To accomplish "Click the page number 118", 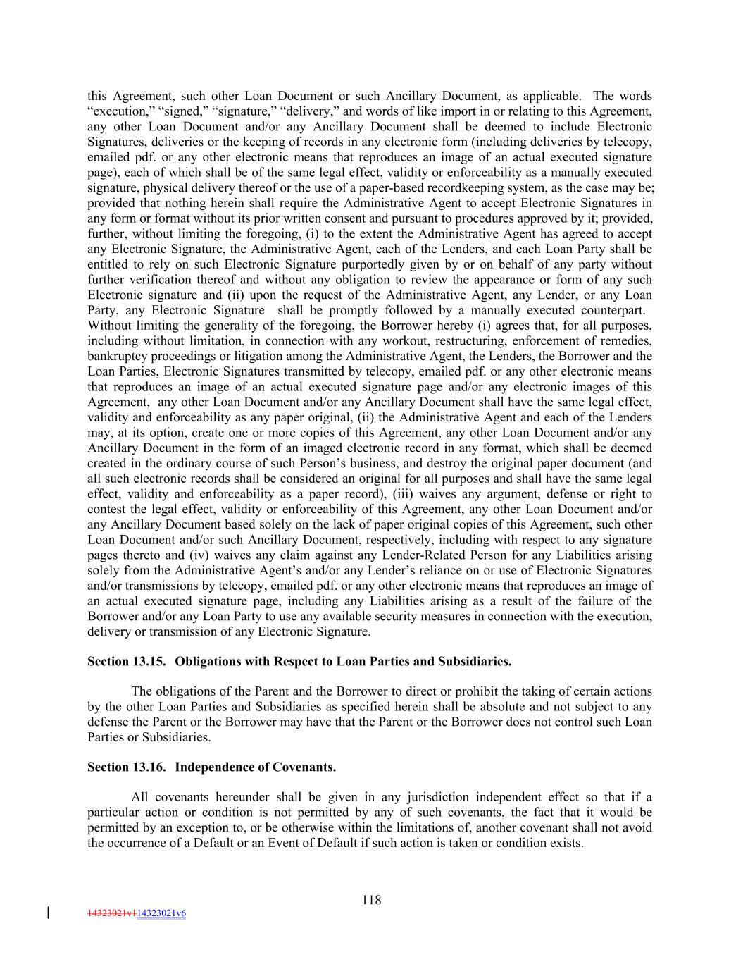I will click(x=371, y=899).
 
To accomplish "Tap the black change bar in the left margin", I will click(x=48, y=913).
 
